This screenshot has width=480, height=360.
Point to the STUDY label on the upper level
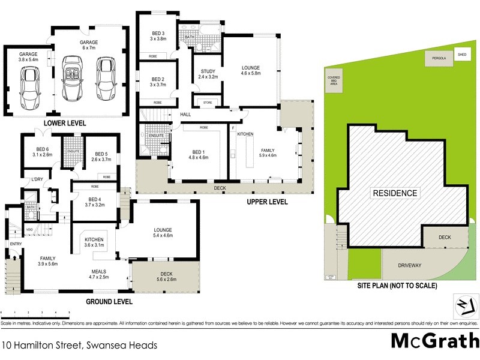208,74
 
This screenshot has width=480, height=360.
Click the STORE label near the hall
208,102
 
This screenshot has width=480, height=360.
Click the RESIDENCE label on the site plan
395,193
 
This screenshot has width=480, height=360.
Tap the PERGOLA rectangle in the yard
435,58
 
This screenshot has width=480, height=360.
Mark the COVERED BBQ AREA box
334,82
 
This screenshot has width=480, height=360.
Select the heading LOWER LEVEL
64,122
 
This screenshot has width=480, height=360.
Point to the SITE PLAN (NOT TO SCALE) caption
398,286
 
